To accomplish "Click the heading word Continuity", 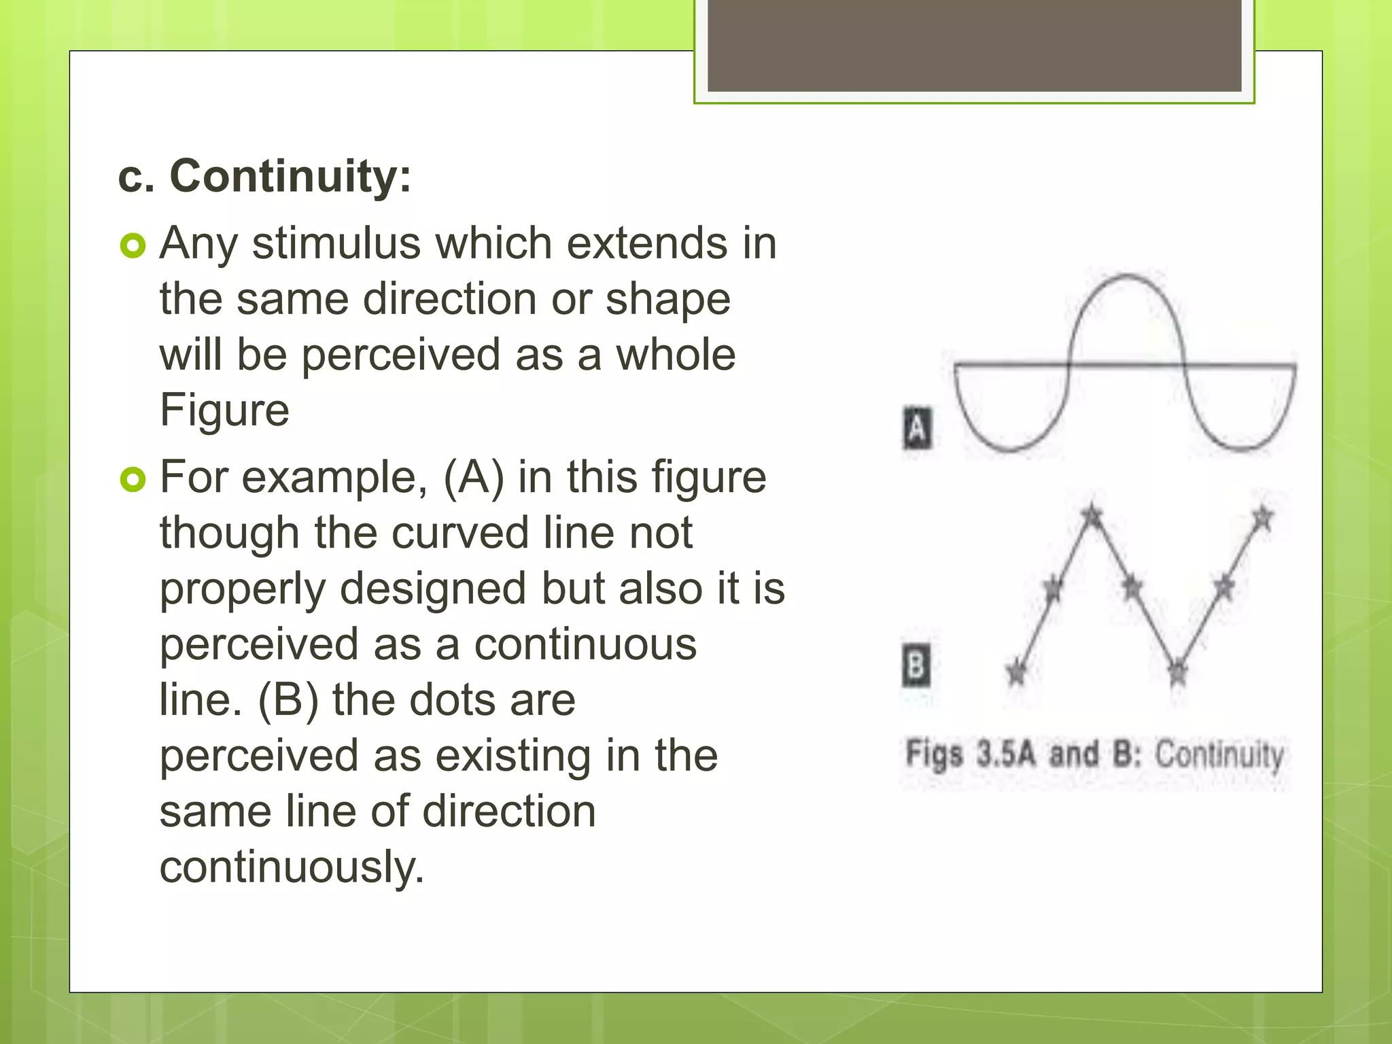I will point(290,176).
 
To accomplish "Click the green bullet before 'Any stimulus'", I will point(133,245).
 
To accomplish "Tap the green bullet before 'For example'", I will point(133,480).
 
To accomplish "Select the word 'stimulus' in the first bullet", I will point(336,243).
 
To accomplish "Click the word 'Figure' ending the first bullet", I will point(224,410).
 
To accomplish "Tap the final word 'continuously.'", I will point(292,867).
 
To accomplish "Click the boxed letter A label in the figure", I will point(917,428).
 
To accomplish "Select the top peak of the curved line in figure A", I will point(1126,275).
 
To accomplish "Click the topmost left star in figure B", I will point(1092,515).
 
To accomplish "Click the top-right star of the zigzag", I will point(1262,518).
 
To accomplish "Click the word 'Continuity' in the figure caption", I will point(1219,754).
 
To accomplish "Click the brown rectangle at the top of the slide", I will point(974,45).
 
